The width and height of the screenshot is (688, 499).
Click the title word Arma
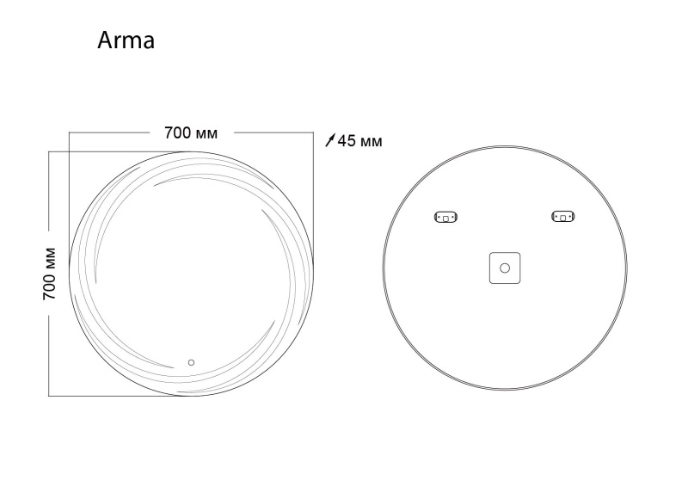[126, 40]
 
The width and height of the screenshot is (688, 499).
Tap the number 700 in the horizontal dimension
[177, 133]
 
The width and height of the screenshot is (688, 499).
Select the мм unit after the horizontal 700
[207, 134]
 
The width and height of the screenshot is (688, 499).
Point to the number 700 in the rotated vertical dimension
[50, 285]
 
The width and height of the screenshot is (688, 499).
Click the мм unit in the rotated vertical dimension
[50, 256]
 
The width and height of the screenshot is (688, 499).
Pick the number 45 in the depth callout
[347, 141]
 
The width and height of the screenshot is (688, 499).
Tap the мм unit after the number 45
[371, 141]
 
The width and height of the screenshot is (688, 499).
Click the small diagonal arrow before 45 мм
[331, 141]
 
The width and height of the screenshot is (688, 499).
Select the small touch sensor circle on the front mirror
[192, 362]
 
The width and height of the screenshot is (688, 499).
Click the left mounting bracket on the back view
[447, 217]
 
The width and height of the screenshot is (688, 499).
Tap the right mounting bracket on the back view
[563, 217]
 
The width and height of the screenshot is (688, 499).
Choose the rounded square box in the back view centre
[505, 268]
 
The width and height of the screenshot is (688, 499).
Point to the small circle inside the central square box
[505, 268]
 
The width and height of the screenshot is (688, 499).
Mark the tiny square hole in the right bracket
[563, 218]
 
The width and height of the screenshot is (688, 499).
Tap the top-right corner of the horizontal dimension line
[313, 133]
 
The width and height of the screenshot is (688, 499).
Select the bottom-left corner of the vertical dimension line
[49, 396]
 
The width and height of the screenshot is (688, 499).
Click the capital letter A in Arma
[106, 40]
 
